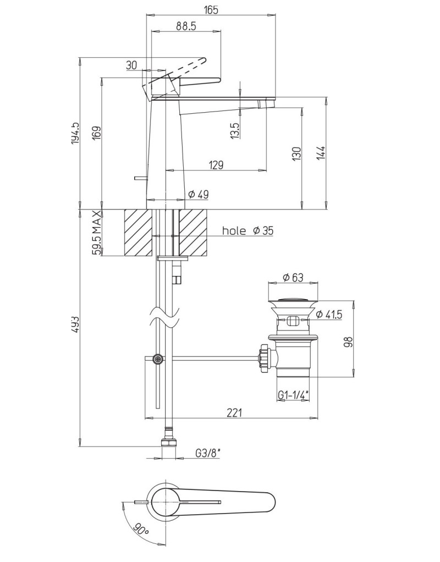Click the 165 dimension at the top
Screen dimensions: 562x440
(x=211, y=9)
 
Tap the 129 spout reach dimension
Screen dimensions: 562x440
(x=216, y=164)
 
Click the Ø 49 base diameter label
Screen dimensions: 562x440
(x=198, y=194)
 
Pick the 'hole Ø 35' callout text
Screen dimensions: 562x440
(x=248, y=231)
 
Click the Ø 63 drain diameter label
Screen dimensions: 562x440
(x=293, y=278)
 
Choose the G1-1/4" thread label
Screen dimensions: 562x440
(x=293, y=395)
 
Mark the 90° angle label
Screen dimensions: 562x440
(x=141, y=531)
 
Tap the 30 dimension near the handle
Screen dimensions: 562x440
(x=131, y=65)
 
